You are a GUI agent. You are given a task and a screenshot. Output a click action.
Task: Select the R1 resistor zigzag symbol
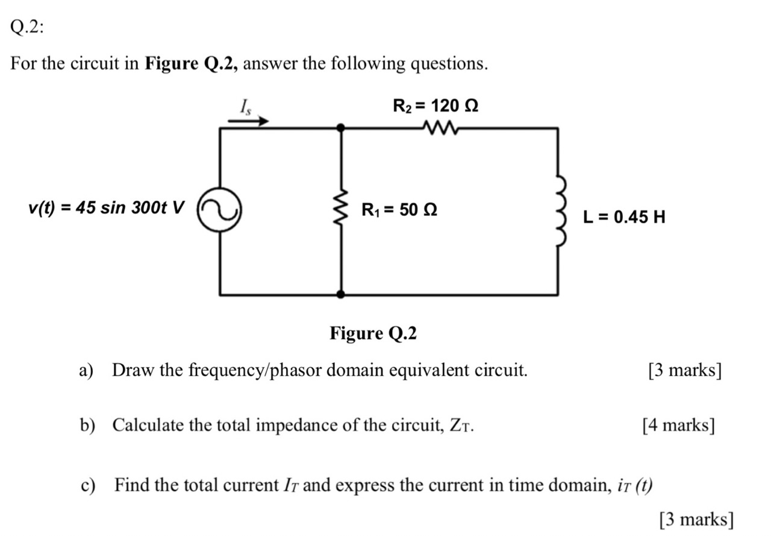341,211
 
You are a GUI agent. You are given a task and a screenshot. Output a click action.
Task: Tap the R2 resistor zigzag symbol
441,127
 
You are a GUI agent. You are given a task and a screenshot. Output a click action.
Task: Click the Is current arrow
248,121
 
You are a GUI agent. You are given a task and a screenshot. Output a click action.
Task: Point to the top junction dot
341,127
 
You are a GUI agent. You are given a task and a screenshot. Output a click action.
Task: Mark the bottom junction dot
341,294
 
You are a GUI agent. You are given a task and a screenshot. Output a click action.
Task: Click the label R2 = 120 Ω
435,106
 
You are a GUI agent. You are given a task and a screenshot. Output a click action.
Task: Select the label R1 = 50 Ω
399,210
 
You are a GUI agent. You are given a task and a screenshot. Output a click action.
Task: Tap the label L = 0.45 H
624,216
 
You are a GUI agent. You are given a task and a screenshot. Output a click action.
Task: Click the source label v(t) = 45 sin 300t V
105,208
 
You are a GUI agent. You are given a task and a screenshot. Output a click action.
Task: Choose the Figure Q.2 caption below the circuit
373,333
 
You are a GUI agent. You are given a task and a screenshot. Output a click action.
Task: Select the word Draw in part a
130,370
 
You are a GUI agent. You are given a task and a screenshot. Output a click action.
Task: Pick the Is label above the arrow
245,107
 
